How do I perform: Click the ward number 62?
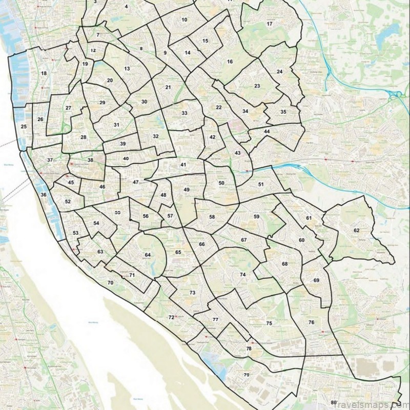point(356,231)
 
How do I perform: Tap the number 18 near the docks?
point(44,74)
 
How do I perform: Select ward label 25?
point(23,126)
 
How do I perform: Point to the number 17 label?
point(270,24)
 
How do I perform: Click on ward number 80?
point(334,402)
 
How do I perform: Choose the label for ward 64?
point(148,255)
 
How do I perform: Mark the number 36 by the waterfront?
point(44,195)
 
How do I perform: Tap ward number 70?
point(110,283)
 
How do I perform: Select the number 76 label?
point(311,322)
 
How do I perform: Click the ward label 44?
point(266,132)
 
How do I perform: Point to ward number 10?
point(184,19)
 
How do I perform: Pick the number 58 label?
point(212,217)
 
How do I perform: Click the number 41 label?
point(183,165)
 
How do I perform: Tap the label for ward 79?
point(247,375)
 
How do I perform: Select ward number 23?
point(257,86)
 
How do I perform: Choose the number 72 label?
point(171,318)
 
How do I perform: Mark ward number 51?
point(261,184)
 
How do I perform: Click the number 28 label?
point(84,137)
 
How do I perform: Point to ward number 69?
point(316,280)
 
